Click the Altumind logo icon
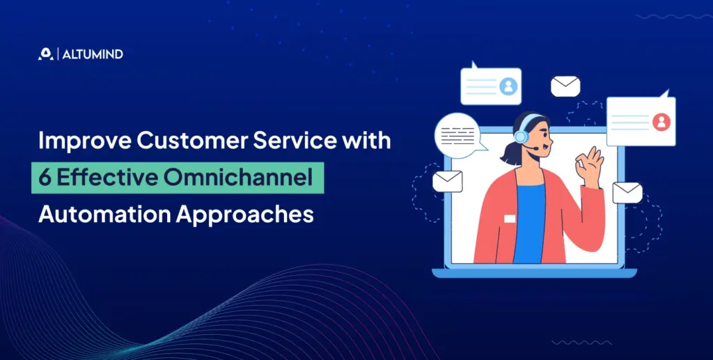coord(45,54)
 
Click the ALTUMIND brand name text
coord(93,54)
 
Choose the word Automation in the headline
coord(100,214)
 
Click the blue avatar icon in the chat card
coord(508,86)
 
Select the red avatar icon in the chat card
coord(661,122)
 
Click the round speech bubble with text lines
coord(457,134)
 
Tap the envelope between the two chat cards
coord(565,86)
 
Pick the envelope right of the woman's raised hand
coord(627,192)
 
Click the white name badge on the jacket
coord(510,219)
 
